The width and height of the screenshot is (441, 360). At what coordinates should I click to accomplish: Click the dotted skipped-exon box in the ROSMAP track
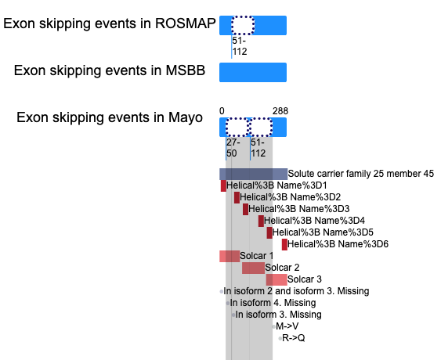[x=243, y=25]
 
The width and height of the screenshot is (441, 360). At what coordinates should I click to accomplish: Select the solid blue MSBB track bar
[x=253, y=72]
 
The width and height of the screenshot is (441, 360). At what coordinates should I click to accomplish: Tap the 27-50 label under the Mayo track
[x=233, y=148]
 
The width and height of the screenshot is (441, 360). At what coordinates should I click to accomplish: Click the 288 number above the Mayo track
[x=280, y=111]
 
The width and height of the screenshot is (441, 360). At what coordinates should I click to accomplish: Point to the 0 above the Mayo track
[x=222, y=111]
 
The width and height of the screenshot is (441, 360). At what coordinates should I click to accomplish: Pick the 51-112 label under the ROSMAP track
[x=240, y=46]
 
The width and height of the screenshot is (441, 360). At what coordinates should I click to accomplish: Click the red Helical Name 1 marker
[x=223, y=185]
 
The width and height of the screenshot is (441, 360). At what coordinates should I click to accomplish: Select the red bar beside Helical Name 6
[x=284, y=244]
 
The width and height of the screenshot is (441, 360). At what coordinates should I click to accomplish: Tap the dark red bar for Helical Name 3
[x=245, y=210]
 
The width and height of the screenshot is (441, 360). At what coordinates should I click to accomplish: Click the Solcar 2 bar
[x=253, y=268]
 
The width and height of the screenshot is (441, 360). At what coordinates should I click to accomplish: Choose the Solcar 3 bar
[x=277, y=279]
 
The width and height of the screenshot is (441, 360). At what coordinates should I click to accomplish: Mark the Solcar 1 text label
[x=256, y=256]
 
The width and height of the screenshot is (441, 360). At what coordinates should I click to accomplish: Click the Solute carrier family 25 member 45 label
[x=361, y=174]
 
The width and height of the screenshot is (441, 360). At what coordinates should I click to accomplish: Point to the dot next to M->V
[x=273, y=326]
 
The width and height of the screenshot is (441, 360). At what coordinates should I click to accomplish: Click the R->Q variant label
[x=293, y=338]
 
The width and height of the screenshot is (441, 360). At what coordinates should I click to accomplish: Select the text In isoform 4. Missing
[x=273, y=303]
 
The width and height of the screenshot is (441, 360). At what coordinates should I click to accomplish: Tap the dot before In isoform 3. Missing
[x=233, y=315]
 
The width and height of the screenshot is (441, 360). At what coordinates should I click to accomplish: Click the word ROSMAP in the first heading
[x=186, y=23]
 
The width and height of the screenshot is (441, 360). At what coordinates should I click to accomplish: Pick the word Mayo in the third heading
[x=186, y=117]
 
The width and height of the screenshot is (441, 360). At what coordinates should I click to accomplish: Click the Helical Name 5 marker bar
[x=269, y=232]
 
